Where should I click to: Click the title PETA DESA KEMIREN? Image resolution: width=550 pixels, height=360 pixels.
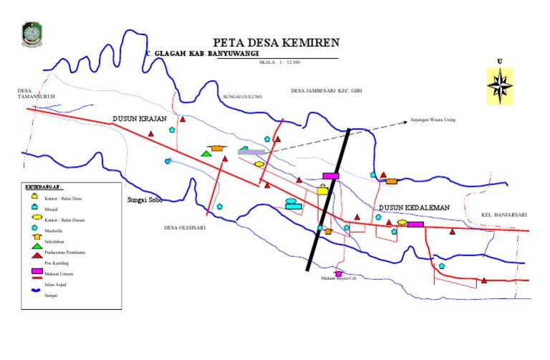(276, 43)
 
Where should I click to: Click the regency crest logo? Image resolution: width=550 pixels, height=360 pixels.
(33, 34)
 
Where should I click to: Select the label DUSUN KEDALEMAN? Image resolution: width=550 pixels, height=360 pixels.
(414, 208)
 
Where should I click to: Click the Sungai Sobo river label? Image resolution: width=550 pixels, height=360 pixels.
(145, 200)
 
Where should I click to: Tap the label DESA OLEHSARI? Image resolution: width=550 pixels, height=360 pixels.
(185, 228)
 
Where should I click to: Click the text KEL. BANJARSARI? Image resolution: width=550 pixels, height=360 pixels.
(504, 213)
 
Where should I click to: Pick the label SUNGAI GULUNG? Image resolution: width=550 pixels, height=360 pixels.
(243, 96)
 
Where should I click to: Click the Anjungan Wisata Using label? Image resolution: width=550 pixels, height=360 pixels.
(433, 120)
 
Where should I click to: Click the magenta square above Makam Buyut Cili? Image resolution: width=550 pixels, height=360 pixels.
(339, 273)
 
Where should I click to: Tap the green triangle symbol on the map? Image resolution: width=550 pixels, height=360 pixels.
(206, 153)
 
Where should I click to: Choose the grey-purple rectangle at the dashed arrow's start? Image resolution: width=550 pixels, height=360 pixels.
(251, 152)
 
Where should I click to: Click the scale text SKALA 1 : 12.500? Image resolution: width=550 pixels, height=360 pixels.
(281, 62)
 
